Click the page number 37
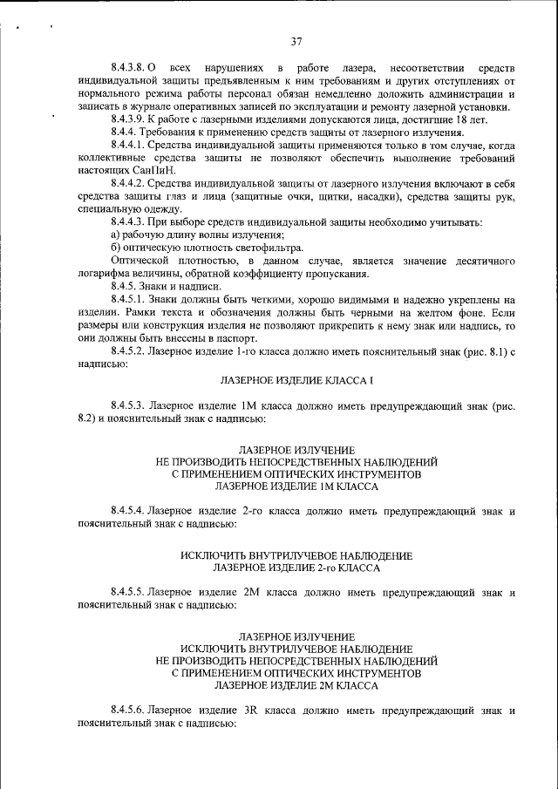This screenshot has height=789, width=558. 296,41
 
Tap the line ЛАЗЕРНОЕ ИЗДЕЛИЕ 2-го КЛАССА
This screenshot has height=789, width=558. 296,568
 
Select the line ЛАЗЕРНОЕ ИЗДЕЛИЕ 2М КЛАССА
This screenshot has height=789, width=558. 296,686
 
